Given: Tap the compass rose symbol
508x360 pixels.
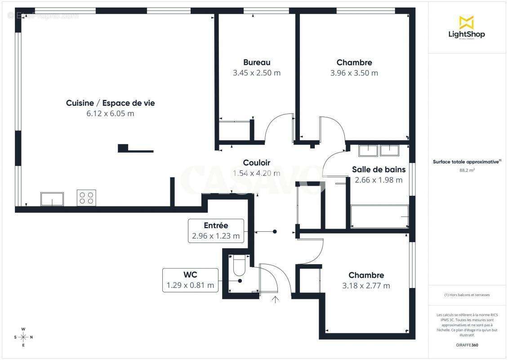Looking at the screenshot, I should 23,337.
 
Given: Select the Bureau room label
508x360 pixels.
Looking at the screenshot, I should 257,63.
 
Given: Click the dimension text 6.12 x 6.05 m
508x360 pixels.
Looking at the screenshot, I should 110,113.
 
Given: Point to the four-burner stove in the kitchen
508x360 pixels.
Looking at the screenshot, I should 86,198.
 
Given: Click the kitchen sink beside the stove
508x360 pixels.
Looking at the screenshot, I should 52,199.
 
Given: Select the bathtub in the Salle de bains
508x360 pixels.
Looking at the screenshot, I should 379,216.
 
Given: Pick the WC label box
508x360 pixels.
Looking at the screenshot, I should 191,280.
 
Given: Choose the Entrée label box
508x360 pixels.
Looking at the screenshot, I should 216,231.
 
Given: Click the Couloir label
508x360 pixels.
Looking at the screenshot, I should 256,163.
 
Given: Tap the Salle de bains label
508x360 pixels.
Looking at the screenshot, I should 379,170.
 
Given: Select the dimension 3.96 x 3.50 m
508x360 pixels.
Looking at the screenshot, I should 354,73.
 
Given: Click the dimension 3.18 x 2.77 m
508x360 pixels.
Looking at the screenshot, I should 366,285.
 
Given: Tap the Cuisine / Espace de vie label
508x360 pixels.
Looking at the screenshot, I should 110,103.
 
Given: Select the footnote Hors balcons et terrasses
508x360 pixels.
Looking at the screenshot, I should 467,295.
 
